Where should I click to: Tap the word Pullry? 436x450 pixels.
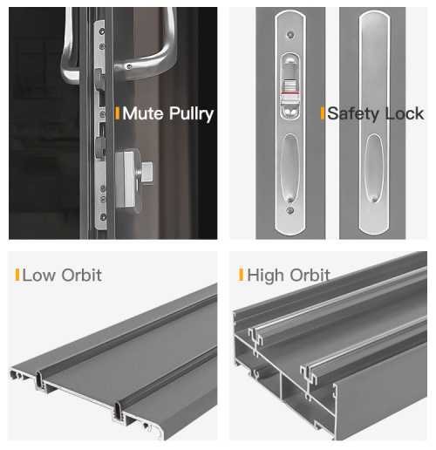(189, 114)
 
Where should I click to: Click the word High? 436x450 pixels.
(266, 276)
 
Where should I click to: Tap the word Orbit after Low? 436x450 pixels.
(81, 276)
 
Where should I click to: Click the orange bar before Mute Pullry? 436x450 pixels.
(118, 113)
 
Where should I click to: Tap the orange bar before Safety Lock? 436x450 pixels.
(322, 113)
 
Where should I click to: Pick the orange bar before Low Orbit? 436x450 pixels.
(17, 276)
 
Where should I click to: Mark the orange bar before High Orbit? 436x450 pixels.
(241, 276)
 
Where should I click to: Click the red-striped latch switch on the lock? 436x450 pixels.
(289, 87)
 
